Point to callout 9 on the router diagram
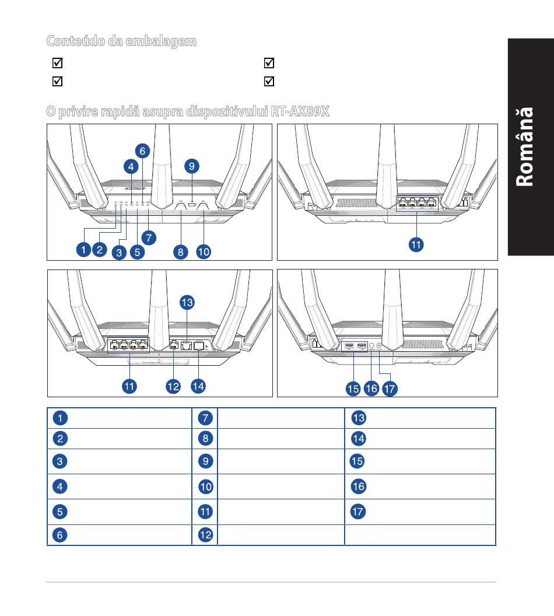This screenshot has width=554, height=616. click(192, 166)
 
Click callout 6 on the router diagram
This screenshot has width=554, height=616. click(142, 150)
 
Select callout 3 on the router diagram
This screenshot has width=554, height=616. click(119, 253)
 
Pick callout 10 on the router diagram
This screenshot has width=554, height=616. click(203, 252)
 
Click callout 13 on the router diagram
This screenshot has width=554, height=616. click(187, 303)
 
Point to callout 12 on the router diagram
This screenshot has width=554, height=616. click(173, 386)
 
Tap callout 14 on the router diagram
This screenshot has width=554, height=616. click(199, 386)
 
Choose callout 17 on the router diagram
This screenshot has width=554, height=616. click(390, 388)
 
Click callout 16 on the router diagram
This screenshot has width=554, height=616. click(371, 388)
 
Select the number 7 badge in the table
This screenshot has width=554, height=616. click(205, 418)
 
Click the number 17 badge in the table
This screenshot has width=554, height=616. click(357, 512)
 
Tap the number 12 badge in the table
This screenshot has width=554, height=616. click(205, 534)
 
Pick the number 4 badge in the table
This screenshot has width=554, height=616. click(59, 487)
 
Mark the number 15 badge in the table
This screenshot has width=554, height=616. click(357, 461)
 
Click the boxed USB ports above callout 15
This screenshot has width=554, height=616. click(354, 346)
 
